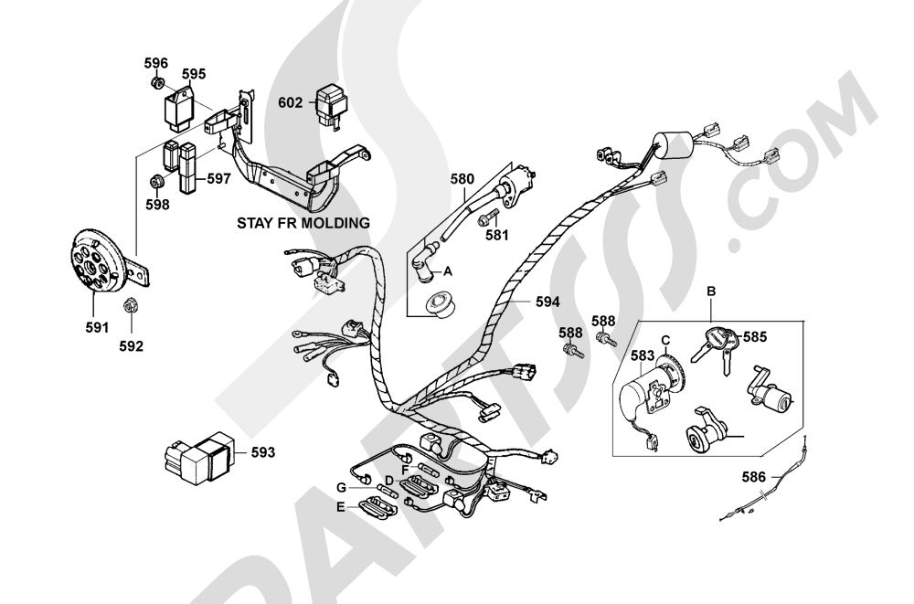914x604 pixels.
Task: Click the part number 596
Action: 155,63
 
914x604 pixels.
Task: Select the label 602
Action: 291,102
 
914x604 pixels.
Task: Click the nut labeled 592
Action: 130,305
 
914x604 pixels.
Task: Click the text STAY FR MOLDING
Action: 303,223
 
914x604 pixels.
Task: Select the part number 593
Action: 263,452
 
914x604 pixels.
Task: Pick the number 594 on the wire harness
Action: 547,302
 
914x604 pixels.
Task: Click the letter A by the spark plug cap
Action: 447,271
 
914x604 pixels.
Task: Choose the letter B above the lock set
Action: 711,291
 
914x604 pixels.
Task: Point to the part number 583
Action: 643,355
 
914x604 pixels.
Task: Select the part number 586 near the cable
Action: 753,477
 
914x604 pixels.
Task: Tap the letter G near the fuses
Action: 342,488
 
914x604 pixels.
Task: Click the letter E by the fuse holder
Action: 340,507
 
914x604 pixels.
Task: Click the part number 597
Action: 218,179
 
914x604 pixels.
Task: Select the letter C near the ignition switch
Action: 665,341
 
